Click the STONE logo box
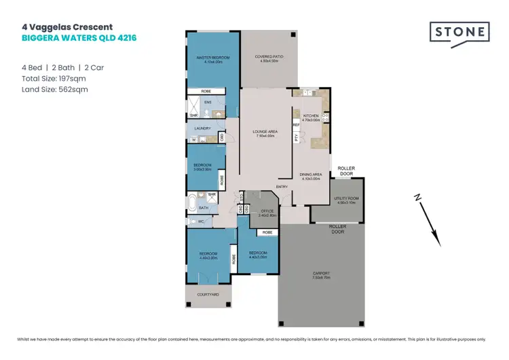coord(459,32)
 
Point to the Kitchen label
coord(311,117)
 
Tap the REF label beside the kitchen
coord(296,125)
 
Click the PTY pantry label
coord(296,138)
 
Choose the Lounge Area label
coord(265,134)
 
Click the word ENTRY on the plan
coord(282,187)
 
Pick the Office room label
coord(267,213)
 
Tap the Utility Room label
coord(345,200)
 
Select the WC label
coord(201,221)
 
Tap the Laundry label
coord(202,128)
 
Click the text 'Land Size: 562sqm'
coord(54,89)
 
